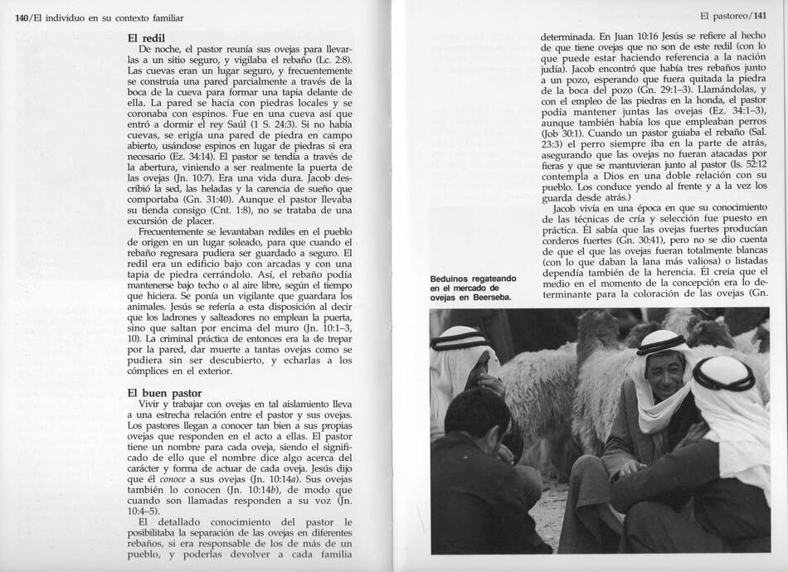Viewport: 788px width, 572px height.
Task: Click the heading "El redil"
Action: coord(147,38)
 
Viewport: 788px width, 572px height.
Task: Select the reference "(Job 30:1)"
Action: coord(564,133)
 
